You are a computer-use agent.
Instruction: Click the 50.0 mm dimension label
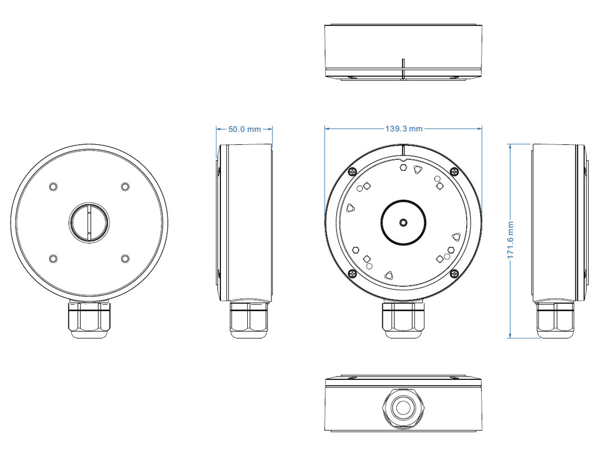[x=244, y=129]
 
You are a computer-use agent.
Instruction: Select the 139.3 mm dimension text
[x=403, y=129]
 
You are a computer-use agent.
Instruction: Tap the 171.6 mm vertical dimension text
[x=510, y=240]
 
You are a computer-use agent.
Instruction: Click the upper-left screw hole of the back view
[x=53, y=186]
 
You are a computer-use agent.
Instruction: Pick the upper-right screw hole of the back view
[x=125, y=186]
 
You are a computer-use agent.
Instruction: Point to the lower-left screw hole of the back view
[x=53, y=258]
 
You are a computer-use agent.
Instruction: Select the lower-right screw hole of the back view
[x=125, y=258]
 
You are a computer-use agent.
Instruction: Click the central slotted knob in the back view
[x=89, y=222]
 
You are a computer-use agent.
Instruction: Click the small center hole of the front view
[x=403, y=222]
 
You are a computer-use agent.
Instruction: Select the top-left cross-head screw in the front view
[x=353, y=172]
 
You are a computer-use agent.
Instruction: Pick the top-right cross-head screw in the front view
[x=454, y=172]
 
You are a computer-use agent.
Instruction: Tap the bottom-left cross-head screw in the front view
[x=353, y=273]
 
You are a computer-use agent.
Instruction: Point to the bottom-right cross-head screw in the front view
[x=454, y=273]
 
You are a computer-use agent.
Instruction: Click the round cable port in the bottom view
[x=403, y=407]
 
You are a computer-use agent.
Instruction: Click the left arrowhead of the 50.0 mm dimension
[x=218, y=129]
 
